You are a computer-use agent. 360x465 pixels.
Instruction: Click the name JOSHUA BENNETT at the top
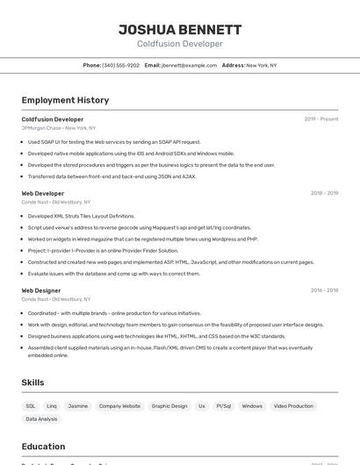(180, 29)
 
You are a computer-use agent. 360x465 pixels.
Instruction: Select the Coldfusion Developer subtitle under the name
(180, 44)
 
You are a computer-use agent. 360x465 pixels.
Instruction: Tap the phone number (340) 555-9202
(120, 65)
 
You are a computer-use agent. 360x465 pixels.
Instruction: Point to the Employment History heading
(65, 100)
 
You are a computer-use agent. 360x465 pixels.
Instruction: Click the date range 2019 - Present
(321, 119)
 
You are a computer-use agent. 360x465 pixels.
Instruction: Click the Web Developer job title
(43, 193)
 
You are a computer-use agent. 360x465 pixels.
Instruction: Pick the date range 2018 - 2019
(324, 193)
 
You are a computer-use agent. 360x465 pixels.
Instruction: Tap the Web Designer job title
(41, 290)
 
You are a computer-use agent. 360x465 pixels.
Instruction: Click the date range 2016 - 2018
(324, 290)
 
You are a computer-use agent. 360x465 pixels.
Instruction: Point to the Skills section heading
(33, 383)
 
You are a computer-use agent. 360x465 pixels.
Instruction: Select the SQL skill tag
(31, 406)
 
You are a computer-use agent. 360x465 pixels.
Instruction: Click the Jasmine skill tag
(78, 406)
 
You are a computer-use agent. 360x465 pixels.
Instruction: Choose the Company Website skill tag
(119, 406)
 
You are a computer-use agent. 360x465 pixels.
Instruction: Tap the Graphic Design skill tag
(169, 406)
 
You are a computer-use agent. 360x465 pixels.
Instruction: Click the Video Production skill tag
(293, 406)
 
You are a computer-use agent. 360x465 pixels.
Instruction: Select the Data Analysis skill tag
(41, 419)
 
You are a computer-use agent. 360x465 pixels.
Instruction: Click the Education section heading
(43, 447)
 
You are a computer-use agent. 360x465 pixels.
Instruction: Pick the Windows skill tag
(252, 406)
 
